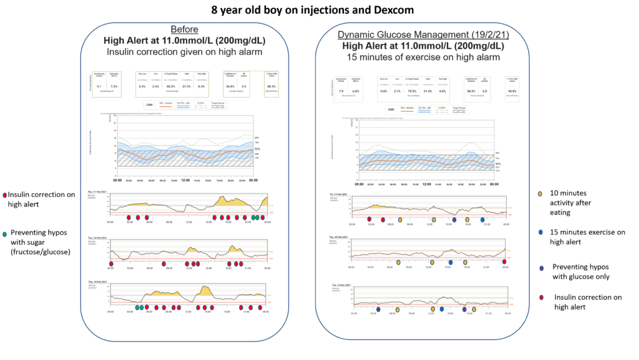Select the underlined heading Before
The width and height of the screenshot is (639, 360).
186,29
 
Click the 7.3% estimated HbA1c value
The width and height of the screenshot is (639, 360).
114,86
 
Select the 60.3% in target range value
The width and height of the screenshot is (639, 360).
169,86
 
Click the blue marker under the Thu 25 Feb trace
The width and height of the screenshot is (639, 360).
449,263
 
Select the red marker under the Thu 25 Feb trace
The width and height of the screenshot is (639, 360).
504,263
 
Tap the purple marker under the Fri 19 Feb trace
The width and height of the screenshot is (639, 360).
455,220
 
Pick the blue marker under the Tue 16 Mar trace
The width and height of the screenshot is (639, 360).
441,309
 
